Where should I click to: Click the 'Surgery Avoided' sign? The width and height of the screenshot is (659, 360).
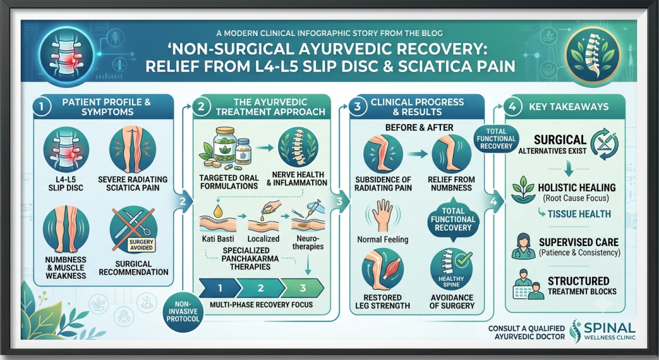141,245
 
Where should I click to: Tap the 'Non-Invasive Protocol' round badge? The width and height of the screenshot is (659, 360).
183,312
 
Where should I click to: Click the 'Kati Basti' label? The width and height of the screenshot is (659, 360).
218,238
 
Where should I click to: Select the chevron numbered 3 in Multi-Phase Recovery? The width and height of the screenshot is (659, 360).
302,288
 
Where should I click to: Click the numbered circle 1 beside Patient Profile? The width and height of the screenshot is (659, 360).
41,106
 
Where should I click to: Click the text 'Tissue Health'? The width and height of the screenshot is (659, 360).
579,214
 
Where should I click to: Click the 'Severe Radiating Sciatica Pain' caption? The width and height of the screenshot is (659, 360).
133,184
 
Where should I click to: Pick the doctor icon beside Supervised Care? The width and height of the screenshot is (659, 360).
520,247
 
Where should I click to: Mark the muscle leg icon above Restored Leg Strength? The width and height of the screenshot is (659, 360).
382,269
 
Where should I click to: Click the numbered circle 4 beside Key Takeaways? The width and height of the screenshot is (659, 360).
512,106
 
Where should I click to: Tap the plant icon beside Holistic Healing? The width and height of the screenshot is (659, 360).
523,190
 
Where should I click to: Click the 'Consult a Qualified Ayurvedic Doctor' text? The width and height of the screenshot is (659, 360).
526,332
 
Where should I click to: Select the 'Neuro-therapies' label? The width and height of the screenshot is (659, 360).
308,242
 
